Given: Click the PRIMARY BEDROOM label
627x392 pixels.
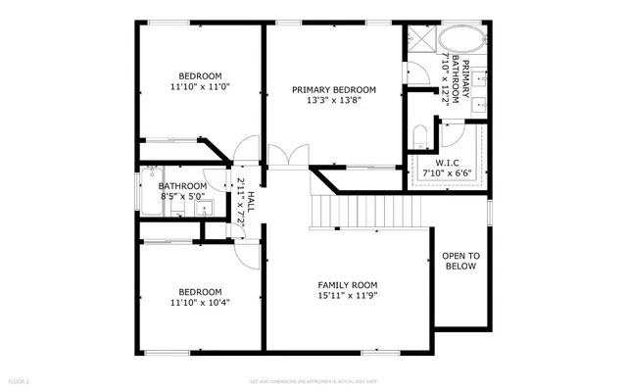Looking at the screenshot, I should (334, 89).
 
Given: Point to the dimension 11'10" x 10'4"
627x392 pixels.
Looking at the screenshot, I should (200, 304).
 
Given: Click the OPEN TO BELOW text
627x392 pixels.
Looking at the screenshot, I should (460, 261).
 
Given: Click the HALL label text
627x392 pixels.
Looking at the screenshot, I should (251, 202).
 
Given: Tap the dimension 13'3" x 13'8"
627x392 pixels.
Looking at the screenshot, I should (334, 101).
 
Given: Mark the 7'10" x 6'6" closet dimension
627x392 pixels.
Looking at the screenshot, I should (446, 172).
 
